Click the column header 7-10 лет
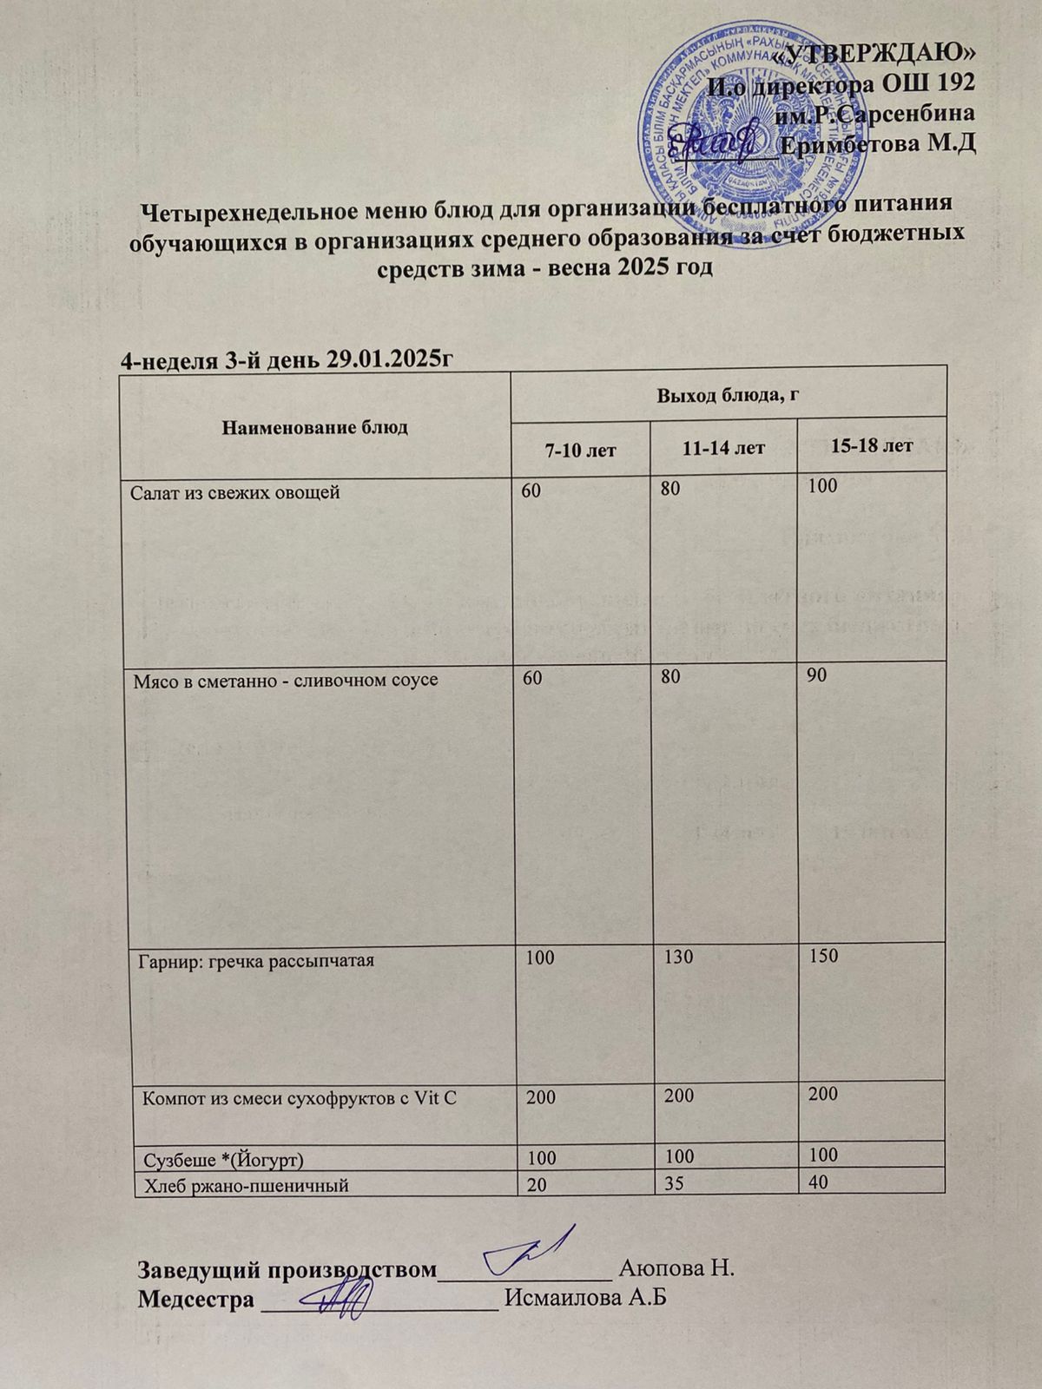coord(580,449)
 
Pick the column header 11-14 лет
coord(723,448)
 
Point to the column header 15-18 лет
coord(871,446)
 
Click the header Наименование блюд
coord(315,427)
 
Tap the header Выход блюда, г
coord(728,395)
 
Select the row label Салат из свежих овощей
coord(234,493)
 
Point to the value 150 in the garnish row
coord(822,956)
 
